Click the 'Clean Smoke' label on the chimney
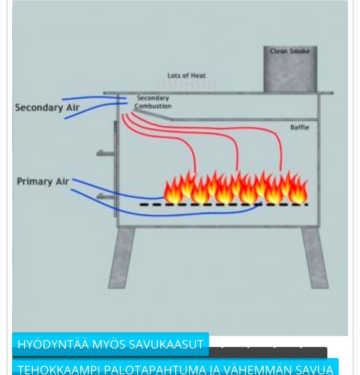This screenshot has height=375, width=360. (x=290, y=51)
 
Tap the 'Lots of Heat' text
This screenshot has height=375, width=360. (x=186, y=76)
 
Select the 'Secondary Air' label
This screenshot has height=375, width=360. (x=47, y=108)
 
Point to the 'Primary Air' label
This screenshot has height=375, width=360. (x=43, y=181)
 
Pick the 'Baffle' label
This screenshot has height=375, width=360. (x=300, y=127)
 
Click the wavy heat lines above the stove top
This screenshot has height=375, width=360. (x=186, y=85)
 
